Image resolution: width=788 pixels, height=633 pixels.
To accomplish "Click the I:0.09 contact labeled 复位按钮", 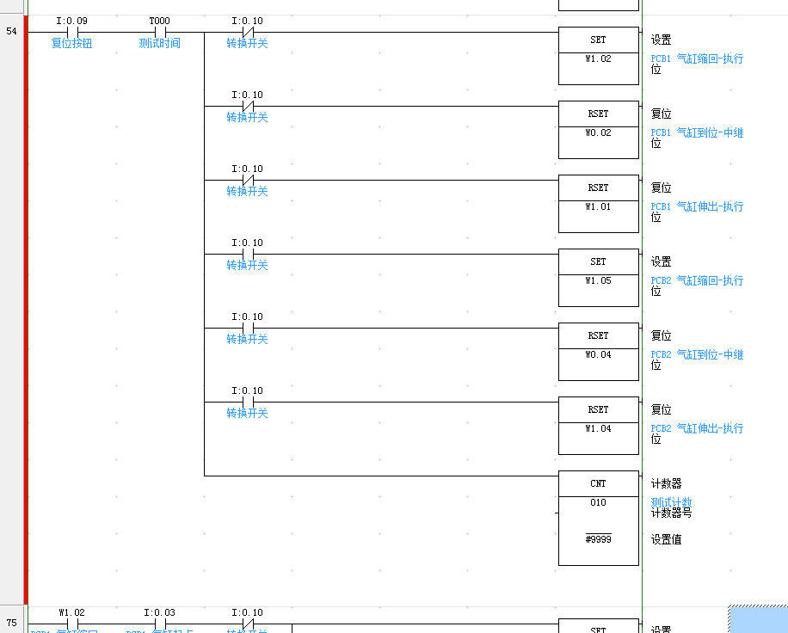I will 72,33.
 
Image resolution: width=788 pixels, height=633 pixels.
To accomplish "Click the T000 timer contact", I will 159,33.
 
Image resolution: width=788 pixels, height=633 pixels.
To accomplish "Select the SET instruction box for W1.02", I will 598,56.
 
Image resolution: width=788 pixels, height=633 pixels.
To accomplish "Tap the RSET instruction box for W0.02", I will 598,130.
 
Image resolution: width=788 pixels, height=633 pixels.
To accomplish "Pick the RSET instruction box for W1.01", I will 598,204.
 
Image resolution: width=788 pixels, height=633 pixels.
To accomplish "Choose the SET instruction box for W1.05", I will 598,278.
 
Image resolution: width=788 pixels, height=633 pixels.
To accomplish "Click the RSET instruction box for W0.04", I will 598,352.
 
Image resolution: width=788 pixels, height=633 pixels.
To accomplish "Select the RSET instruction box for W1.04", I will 598,426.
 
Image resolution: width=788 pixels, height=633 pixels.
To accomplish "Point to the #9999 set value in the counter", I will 598,539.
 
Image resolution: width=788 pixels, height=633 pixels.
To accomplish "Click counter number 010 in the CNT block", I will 598,503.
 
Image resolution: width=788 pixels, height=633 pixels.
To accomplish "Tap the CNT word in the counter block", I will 598,483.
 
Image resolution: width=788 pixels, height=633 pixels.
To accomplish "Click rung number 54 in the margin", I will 12,31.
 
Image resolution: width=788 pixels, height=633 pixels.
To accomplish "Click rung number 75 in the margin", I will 12,623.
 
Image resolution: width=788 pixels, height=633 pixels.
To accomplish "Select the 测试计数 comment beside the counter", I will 671,502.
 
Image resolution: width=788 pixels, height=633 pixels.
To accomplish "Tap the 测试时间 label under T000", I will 160,43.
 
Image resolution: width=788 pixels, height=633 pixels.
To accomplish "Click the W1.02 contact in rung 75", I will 72,624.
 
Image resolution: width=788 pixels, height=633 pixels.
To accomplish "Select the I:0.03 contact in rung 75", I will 159,624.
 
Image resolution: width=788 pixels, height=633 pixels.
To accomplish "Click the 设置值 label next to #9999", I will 666,540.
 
